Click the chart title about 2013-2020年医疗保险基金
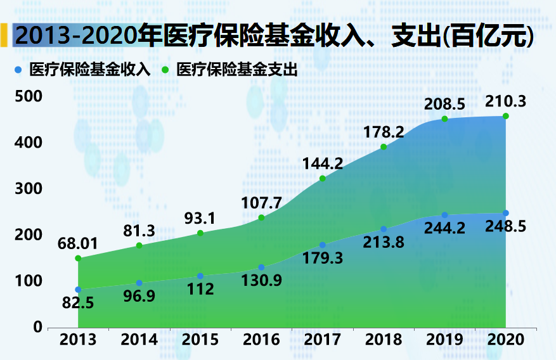click(x=273, y=36)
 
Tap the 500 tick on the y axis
click(x=29, y=97)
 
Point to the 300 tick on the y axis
click(x=29, y=189)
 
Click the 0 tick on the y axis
click(x=37, y=327)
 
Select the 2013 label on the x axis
click(x=78, y=340)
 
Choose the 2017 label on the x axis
click(x=323, y=340)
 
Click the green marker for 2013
click(x=78, y=259)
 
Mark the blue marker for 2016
click(x=261, y=267)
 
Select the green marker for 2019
click(x=444, y=119)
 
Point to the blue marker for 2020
click(x=505, y=213)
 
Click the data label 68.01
click(x=78, y=243)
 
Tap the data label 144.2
click(x=323, y=164)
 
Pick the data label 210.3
click(x=505, y=101)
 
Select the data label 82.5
click(x=78, y=303)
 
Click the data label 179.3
click(x=323, y=259)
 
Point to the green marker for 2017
click(x=323, y=179)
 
